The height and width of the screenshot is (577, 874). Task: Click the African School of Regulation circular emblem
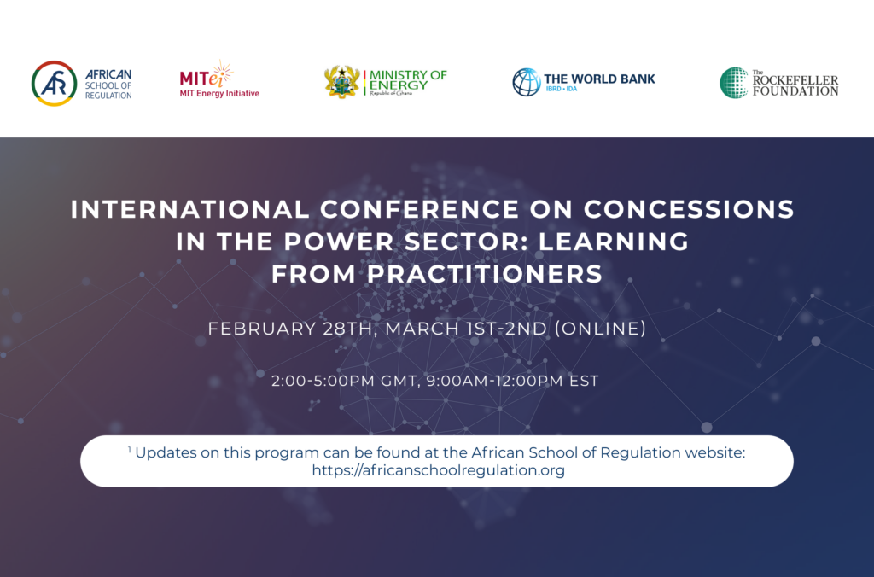click(54, 84)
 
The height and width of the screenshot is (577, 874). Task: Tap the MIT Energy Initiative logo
click(219, 79)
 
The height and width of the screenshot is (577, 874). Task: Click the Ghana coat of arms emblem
click(341, 82)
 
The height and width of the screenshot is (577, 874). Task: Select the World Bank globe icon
click(526, 82)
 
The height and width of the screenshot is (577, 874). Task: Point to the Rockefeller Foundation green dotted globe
click(733, 83)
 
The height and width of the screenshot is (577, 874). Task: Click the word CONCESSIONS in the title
click(689, 209)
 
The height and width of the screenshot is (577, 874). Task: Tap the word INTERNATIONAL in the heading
click(190, 209)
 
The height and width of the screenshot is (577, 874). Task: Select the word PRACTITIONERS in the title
click(485, 274)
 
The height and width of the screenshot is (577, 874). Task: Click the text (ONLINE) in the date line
click(600, 329)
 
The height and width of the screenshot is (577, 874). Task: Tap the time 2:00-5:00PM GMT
click(345, 381)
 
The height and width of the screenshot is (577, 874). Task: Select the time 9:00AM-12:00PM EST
click(512, 381)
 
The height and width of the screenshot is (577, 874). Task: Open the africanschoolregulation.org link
click(438, 470)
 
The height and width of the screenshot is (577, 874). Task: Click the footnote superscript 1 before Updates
click(130, 449)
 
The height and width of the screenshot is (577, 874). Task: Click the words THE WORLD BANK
click(599, 79)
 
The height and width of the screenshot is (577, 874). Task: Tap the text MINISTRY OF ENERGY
click(408, 79)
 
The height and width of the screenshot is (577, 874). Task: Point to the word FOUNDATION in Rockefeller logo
click(795, 90)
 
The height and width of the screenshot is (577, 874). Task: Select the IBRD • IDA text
click(562, 90)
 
